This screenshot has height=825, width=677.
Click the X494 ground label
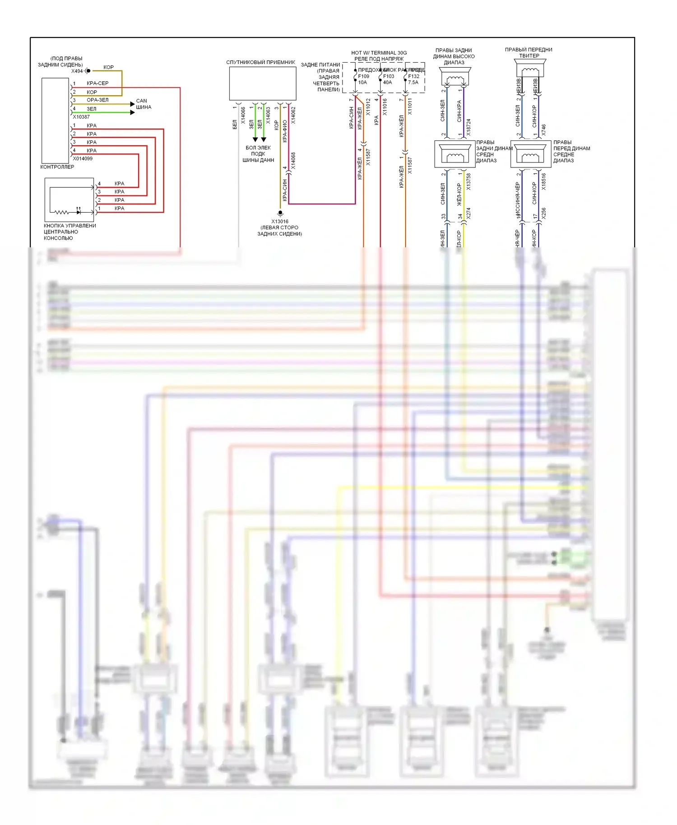pyautogui.click(x=77, y=71)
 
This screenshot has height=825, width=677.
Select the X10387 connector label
pyautogui.click(x=81, y=117)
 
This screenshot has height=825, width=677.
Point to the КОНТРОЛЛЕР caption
pyautogui.click(x=57, y=167)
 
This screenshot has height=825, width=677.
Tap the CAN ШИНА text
pyautogui.click(x=143, y=104)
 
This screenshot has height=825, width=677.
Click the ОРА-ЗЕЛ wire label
pyautogui.click(x=97, y=100)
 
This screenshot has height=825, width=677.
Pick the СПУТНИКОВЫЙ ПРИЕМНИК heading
pyautogui.click(x=260, y=62)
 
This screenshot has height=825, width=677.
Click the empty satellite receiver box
pyautogui.click(x=263, y=83)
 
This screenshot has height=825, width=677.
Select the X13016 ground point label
pyautogui.click(x=280, y=222)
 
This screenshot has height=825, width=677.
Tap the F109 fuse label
pyautogui.click(x=363, y=76)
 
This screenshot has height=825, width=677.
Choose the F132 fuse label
pyautogui.click(x=413, y=76)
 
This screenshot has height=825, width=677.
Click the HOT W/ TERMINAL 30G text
pyautogui.click(x=379, y=53)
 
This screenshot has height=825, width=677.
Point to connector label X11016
pyautogui.click(x=385, y=107)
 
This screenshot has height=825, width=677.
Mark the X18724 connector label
pyautogui.click(x=468, y=127)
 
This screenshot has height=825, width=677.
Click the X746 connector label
pyautogui.click(x=543, y=130)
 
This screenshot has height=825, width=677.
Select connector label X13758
pyautogui.click(x=468, y=181)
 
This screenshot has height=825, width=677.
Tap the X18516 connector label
pyautogui.click(x=543, y=181)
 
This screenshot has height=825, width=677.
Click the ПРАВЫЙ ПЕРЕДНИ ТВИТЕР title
pyautogui.click(x=529, y=53)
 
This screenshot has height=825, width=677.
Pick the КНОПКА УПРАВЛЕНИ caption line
pyautogui.click(x=70, y=226)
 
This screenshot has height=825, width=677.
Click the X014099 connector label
pyautogui.click(x=83, y=158)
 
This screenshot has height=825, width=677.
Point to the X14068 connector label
pyautogui.click(x=293, y=161)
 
